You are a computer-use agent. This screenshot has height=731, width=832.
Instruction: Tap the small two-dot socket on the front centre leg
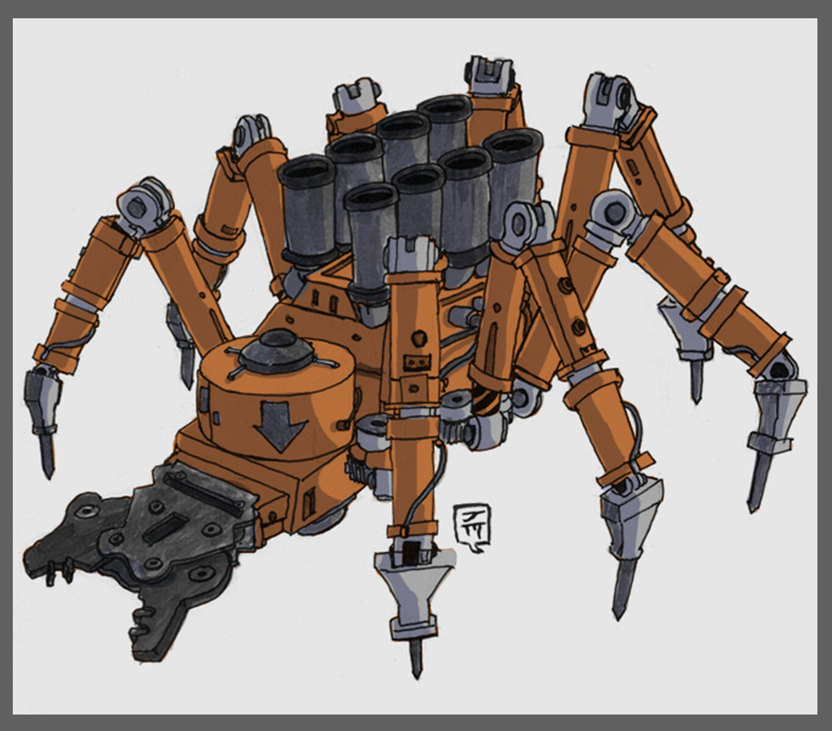pyautogui.click(x=416, y=363)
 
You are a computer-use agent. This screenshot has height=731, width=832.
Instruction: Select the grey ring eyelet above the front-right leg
pyautogui.click(x=522, y=222)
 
